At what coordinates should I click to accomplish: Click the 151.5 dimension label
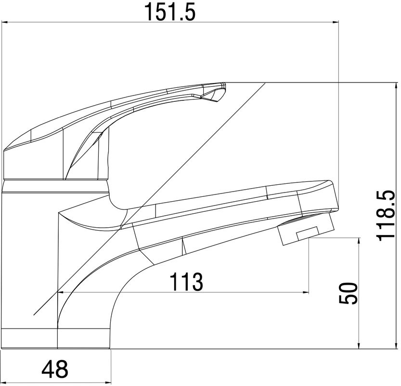(x=170, y=12)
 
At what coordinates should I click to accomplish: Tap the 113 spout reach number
(x=186, y=282)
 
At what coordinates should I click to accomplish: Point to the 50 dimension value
(x=348, y=293)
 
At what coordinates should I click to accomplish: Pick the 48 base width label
(x=55, y=369)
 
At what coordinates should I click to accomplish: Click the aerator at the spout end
(x=306, y=229)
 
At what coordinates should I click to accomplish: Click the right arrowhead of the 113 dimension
(x=306, y=292)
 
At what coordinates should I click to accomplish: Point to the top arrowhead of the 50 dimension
(x=359, y=241)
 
